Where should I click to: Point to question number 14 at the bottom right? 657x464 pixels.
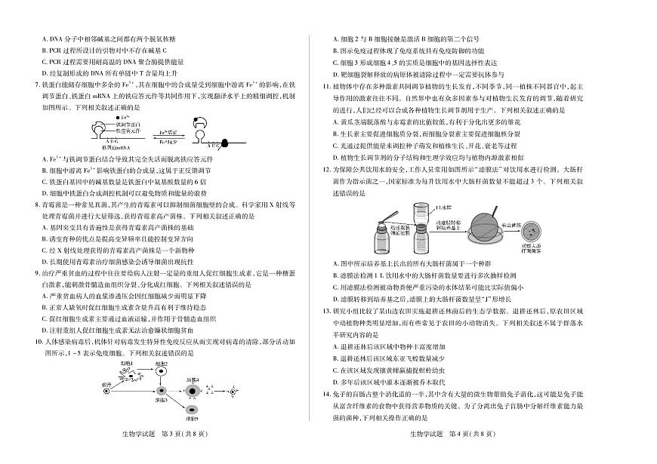(337, 395)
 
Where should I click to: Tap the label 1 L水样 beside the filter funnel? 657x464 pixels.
(443, 206)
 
